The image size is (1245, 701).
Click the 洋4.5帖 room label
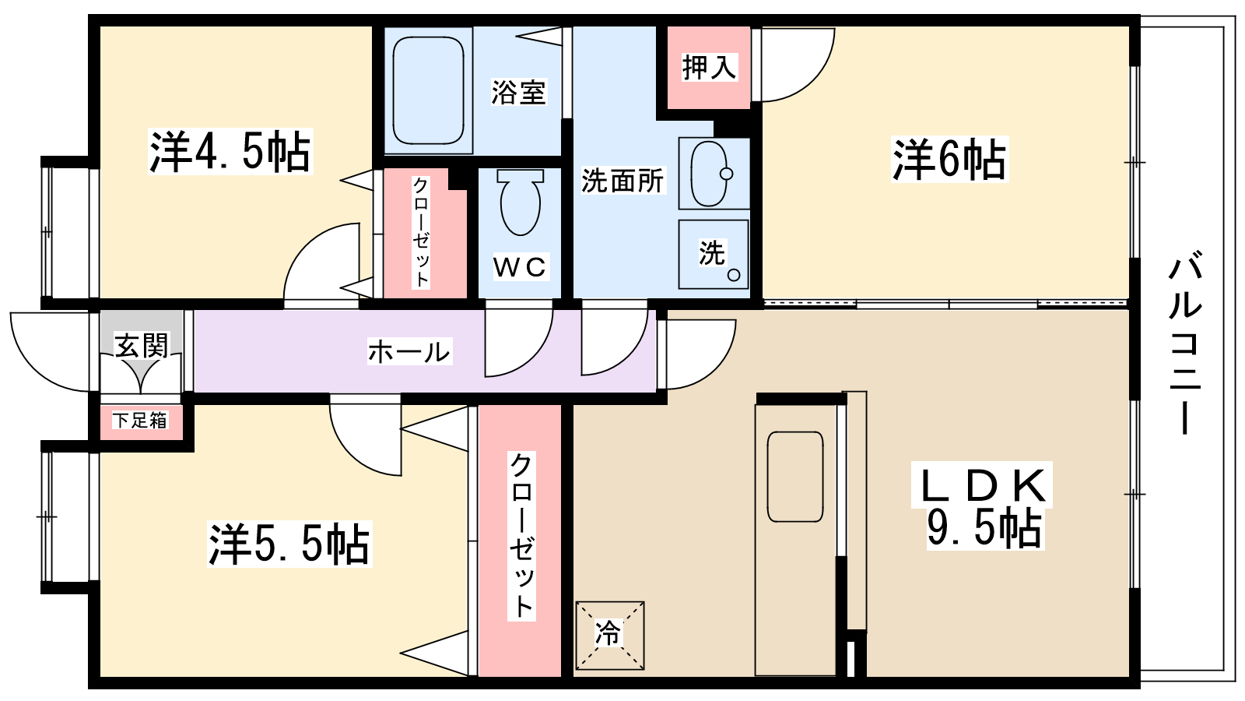[x=230, y=152]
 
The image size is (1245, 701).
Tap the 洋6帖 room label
[x=949, y=160]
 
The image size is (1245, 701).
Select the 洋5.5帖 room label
[x=289, y=544]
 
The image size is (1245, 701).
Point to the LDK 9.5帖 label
[x=984, y=506]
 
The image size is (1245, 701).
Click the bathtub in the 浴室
[x=428, y=90]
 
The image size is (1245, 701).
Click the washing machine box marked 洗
[x=713, y=254]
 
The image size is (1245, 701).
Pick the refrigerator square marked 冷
[x=609, y=635]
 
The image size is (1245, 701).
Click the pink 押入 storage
[x=708, y=68]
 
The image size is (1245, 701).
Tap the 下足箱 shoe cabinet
[x=140, y=421]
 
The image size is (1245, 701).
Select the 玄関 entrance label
[x=142, y=345]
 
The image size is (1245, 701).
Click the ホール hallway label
[x=409, y=352]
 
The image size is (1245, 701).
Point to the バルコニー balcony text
[x=1184, y=343]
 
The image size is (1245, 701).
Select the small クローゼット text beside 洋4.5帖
[x=421, y=232]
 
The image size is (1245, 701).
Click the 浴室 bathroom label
[x=518, y=92]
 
